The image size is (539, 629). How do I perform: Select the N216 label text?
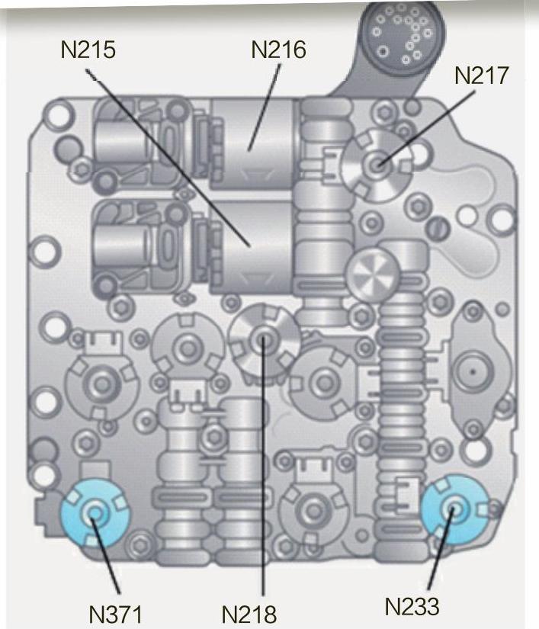point(278,51)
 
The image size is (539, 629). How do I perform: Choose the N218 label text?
point(249,613)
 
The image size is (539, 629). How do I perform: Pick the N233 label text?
point(412,607)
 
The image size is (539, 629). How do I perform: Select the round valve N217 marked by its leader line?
point(377,162)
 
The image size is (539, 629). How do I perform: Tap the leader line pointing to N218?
point(264,473)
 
